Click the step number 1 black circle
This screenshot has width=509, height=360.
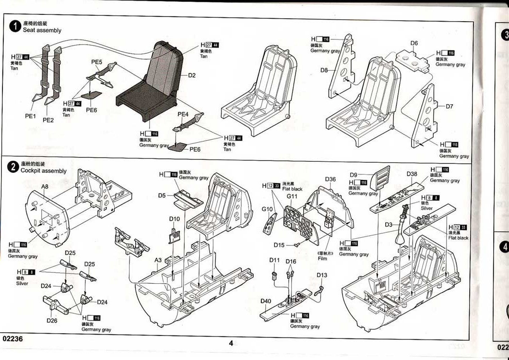[x=16, y=26]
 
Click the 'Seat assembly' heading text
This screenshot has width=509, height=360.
[x=42, y=30]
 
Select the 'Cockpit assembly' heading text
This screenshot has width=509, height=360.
[x=44, y=171]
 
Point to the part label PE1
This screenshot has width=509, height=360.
[x=31, y=116]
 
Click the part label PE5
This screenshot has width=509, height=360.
[x=97, y=62]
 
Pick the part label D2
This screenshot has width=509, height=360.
[x=191, y=75]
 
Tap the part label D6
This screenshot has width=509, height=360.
[x=414, y=43]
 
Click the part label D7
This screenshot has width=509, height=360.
[x=449, y=107]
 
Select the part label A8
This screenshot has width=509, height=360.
[x=45, y=186]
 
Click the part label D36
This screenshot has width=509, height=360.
[x=330, y=180]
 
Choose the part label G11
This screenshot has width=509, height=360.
[x=292, y=196]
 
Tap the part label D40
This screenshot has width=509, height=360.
[x=266, y=301]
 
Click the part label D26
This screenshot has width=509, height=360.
[x=52, y=320]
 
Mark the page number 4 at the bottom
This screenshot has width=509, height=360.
[x=231, y=343]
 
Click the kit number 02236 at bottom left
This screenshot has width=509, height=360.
[x=13, y=338]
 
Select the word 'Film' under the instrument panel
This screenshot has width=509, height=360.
[x=322, y=258]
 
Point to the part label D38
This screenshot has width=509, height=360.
[x=412, y=174]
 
